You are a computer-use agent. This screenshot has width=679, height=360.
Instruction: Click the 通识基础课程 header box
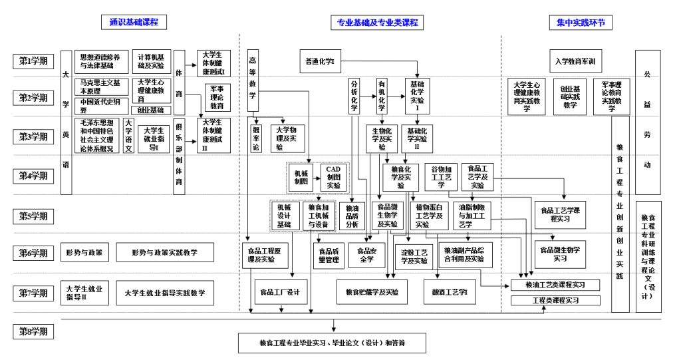point(134,22)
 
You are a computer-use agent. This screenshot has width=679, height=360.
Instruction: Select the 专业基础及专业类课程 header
point(377,22)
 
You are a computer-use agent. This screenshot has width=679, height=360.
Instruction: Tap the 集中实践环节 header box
point(581,22)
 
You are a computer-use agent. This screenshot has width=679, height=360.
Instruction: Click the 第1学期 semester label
point(33,61)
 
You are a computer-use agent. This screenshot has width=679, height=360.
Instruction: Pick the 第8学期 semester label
point(33,331)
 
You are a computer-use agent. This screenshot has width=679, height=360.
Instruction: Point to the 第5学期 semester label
point(33,216)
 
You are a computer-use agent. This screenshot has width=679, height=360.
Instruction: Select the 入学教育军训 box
point(575,61)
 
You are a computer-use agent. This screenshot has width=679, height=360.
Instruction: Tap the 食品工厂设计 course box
point(280,291)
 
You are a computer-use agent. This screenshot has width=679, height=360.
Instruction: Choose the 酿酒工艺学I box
point(450,291)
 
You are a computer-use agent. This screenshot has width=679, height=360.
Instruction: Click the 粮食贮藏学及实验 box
point(372,291)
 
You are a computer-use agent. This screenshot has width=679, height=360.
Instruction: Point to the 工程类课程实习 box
point(555,301)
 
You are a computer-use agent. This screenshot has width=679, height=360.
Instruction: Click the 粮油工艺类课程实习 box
point(555,285)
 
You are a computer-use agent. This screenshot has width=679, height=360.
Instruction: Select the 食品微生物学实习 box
point(560,254)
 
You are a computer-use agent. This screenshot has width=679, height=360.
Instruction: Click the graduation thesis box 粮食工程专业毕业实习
point(332,343)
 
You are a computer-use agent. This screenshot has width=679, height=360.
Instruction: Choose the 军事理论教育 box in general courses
point(217,97)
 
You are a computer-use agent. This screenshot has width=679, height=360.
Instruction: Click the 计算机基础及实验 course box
point(150,61)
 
